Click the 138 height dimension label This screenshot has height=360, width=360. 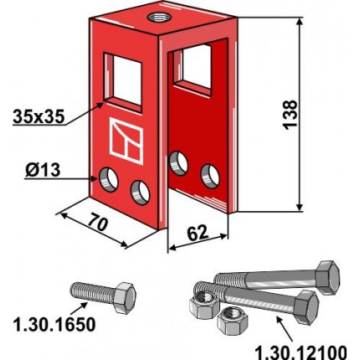[290, 115]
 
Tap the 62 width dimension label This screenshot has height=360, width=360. [198, 234]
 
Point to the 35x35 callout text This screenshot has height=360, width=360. [39, 116]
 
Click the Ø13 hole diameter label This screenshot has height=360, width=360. [43, 170]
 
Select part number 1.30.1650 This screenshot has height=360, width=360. [54, 325]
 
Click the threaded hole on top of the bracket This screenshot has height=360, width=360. [157, 18]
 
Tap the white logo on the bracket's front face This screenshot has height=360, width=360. [126, 141]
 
